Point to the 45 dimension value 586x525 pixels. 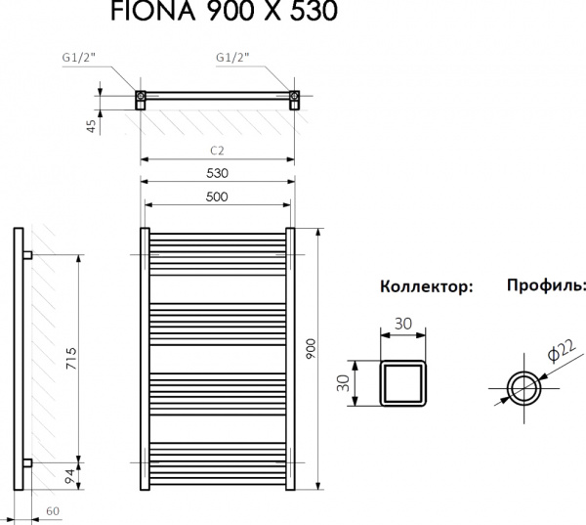coord(91,124)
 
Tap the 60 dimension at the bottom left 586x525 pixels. coord(50,511)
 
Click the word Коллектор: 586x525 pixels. coord(426,287)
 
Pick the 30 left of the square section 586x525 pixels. coord(344,381)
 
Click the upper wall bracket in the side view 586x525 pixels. coord(28,255)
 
